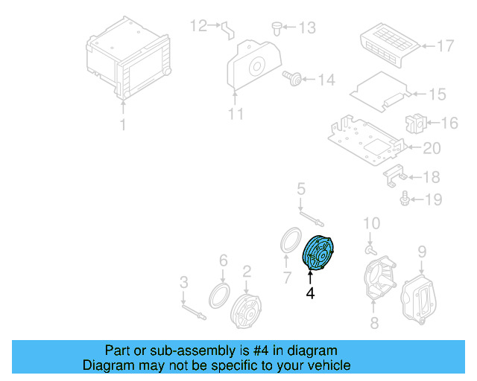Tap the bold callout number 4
click(x=310, y=294)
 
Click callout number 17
click(x=444, y=46)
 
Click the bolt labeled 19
click(x=405, y=199)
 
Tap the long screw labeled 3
click(x=193, y=311)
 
